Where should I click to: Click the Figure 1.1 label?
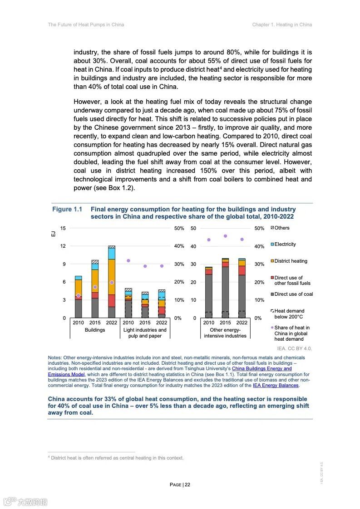pos(67,210)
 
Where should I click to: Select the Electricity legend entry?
pos(285,245)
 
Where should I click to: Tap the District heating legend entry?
pos(290,261)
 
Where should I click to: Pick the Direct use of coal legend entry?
pos(293,294)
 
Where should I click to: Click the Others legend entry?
pos(281,228)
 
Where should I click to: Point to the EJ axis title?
pos(53,234)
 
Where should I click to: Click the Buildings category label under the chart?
pos(95,330)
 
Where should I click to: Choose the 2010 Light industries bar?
pos(128,304)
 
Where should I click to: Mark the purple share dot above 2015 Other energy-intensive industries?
pos(225,236)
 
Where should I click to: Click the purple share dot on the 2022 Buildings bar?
pos(112,283)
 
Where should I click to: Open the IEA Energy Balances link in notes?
pos(276,386)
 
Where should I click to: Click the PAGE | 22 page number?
pos(180,485)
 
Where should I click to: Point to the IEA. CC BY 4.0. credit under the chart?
pos(294,349)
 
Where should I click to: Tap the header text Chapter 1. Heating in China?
pos(282,24)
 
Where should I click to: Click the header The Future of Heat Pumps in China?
pos(86,24)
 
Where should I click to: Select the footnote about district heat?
pos(116,458)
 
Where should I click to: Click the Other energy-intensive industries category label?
pos(225,333)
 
